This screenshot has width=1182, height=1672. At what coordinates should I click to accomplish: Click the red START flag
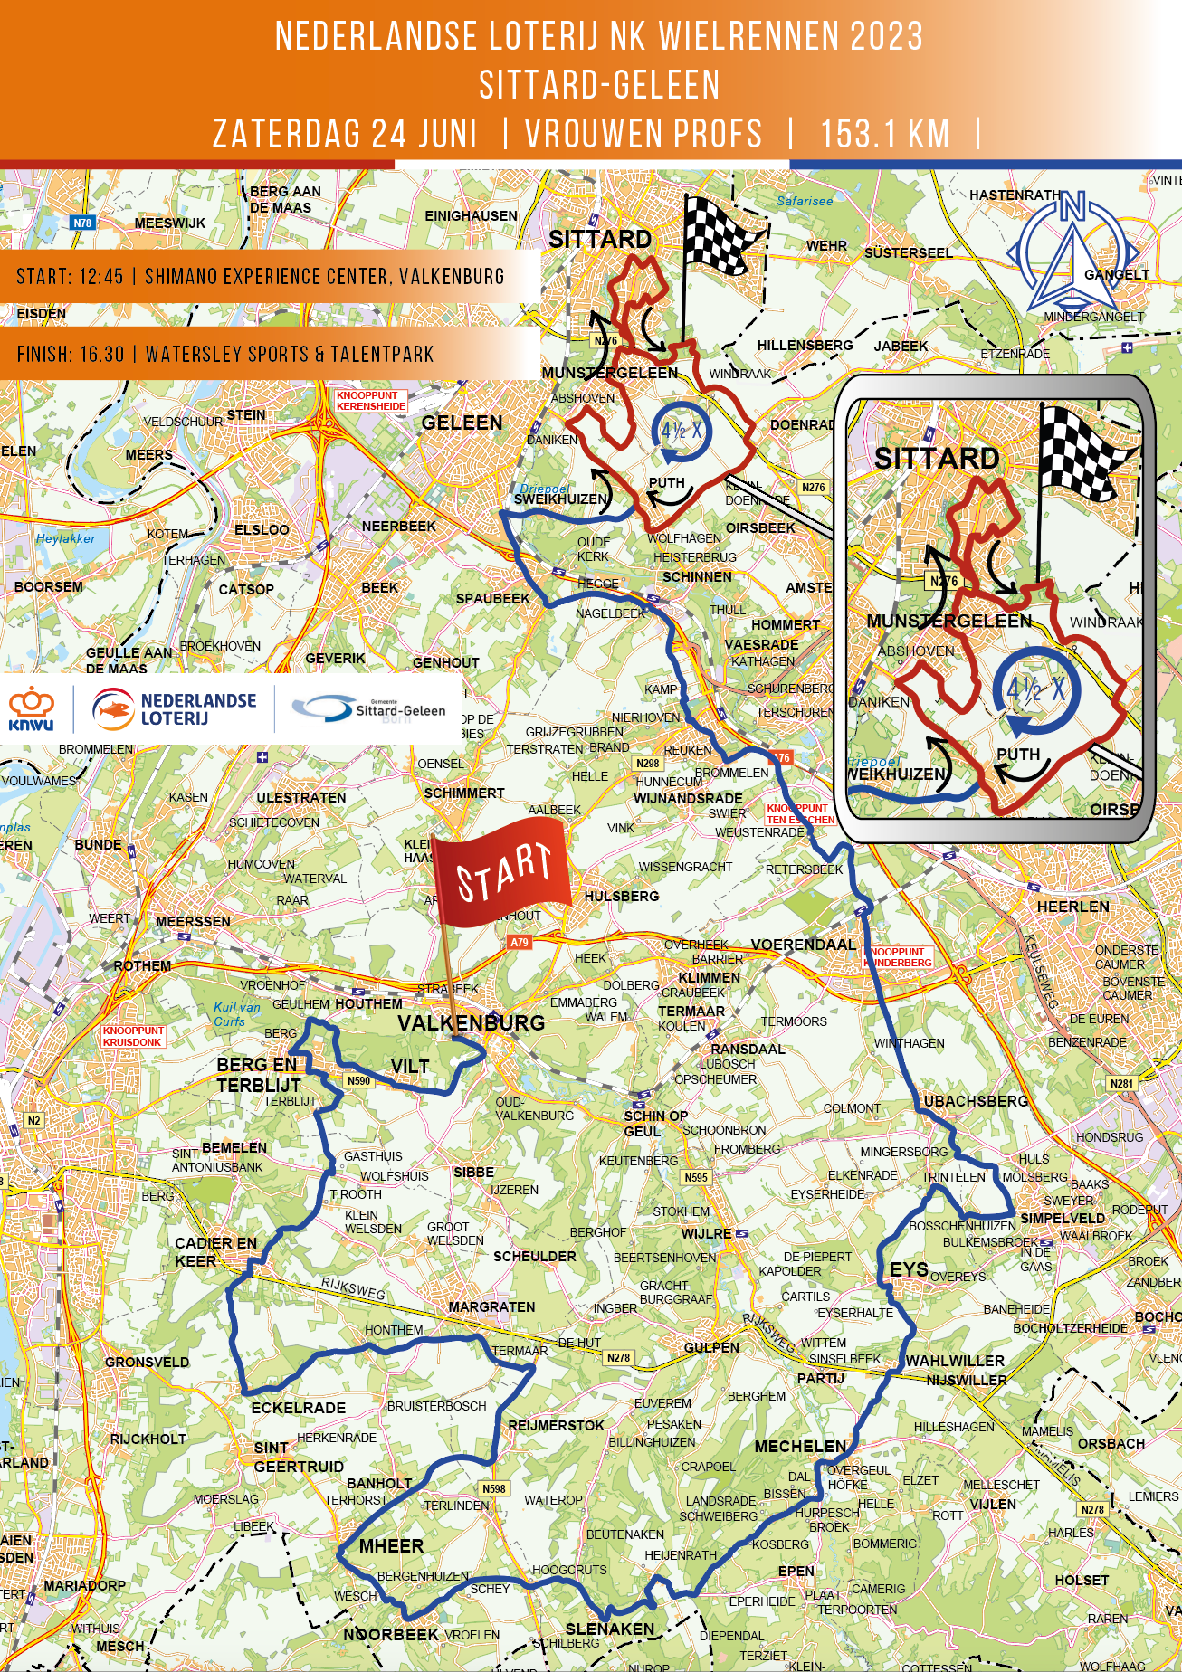[503, 871]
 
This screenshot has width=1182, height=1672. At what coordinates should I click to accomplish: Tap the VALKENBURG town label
[471, 1023]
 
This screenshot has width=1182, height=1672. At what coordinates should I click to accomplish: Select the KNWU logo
[32, 708]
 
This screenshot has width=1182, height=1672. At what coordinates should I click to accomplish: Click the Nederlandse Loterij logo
[174, 709]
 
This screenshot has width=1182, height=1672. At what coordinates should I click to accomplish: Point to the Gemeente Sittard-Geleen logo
[369, 709]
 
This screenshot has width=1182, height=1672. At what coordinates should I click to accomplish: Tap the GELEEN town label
[462, 423]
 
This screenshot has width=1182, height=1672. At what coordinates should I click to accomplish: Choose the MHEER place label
[391, 1545]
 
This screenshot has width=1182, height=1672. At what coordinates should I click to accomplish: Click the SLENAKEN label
[609, 1629]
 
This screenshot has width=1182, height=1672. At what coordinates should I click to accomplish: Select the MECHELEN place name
[800, 1446]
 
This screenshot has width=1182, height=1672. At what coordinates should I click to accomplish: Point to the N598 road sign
[494, 1488]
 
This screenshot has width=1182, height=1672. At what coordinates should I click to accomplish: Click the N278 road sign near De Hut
[618, 1357]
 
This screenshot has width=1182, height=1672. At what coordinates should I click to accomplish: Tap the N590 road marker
[358, 1080]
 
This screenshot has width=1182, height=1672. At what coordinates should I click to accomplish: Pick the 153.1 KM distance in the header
[884, 134]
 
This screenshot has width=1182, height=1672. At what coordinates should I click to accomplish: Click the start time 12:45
[96, 277]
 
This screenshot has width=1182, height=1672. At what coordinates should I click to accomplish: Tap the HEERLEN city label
[1072, 907]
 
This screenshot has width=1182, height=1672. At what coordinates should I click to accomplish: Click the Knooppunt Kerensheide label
[370, 401]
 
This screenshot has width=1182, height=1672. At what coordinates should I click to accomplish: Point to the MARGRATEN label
[491, 1306]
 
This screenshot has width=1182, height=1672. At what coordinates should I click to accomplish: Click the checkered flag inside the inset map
[1084, 452]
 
